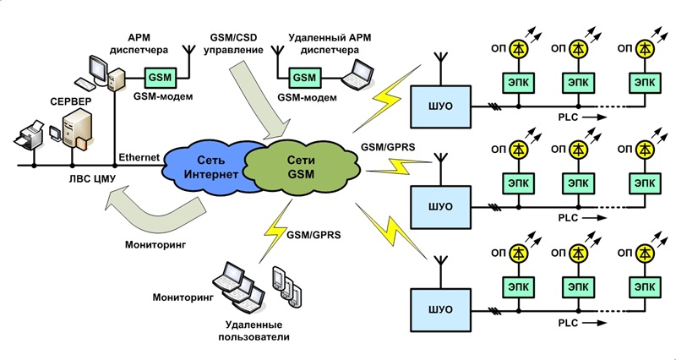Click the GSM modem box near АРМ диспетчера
(x=159, y=76)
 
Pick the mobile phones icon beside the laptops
(x=285, y=286)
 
